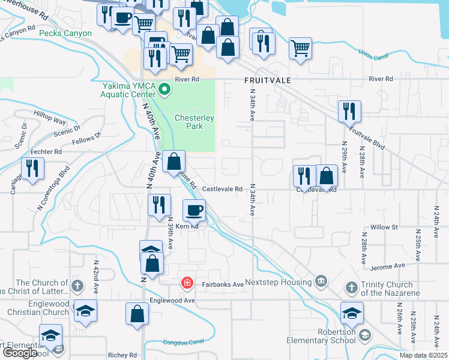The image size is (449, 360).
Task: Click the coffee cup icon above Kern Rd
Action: coord(194,211)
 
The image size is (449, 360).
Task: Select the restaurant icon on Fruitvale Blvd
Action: coord(349,111)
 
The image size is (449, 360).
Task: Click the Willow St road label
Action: coord(384,227)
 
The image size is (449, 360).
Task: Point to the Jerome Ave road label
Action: coord(389,266)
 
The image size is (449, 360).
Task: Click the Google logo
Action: coord(20,353)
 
